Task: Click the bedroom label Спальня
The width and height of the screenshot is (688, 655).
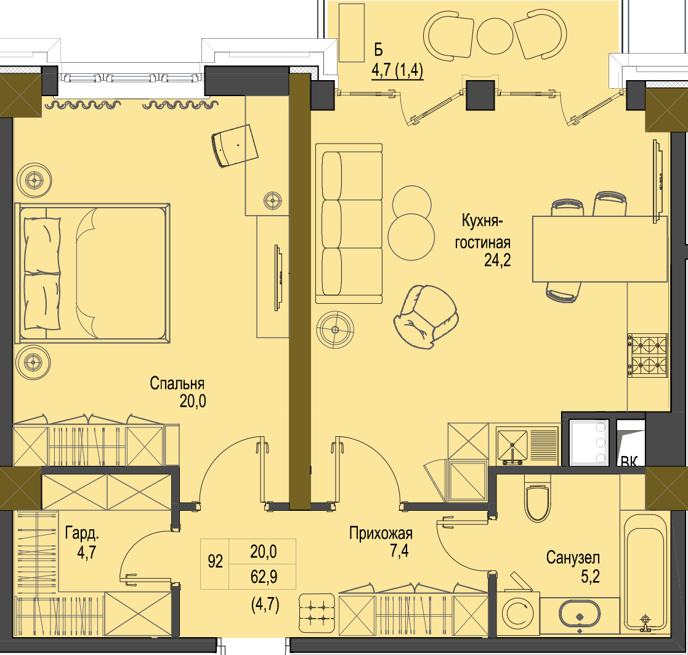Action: (177, 384)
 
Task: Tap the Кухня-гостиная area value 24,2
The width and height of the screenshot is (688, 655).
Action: (497, 260)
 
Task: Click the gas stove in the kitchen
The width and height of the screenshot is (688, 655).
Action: (647, 356)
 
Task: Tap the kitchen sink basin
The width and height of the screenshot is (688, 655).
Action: (512, 444)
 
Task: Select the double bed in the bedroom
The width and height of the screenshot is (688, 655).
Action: (92, 272)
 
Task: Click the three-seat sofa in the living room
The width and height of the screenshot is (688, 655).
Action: (349, 224)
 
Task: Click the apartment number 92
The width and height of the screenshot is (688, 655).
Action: (215, 561)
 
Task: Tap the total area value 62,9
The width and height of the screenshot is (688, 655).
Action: (264, 576)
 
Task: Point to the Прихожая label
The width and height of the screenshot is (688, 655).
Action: (381, 534)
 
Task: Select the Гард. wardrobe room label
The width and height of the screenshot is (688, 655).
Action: (82, 534)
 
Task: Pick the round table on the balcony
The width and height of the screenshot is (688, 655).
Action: (495, 36)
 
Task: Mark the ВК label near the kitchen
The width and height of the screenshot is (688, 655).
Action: (629, 461)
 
